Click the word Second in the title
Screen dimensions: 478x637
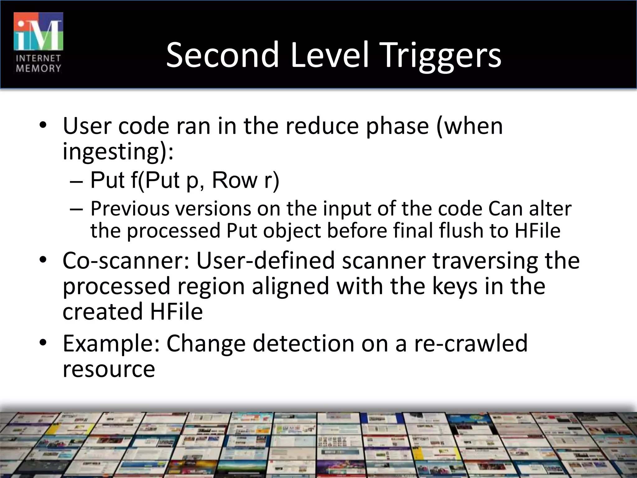pyautogui.click(x=222, y=55)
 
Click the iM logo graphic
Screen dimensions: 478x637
pyautogui.click(x=38, y=31)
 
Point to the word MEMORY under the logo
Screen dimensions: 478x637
pyautogui.click(x=38, y=68)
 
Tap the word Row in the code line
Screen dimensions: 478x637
pyautogui.click(x=235, y=180)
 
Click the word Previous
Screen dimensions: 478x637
pyautogui.click(x=130, y=209)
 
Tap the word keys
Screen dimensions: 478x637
pyautogui.click(x=454, y=286)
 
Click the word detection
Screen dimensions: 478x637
pyautogui.click(x=303, y=343)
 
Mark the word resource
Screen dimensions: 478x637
pyautogui.click(x=109, y=369)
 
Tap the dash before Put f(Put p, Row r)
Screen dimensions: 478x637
pyautogui.click(x=77, y=181)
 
